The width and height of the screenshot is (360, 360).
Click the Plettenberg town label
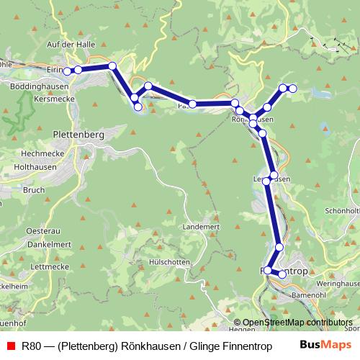[79, 134]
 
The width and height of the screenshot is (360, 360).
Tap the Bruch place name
[34, 191]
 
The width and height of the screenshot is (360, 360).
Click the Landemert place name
[201, 226]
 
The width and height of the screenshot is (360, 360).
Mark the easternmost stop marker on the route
[293, 89]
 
